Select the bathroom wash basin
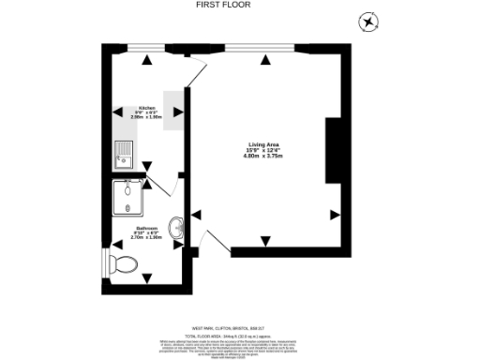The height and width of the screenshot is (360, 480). pyautogui.click(x=175, y=227)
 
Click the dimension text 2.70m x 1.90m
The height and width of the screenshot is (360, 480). pyautogui.click(x=146, y=238)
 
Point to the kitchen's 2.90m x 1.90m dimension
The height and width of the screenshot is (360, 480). pyautogui.click(x=146, y=118)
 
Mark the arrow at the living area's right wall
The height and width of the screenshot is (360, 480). pyautogui.click(x=335, y=215)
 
